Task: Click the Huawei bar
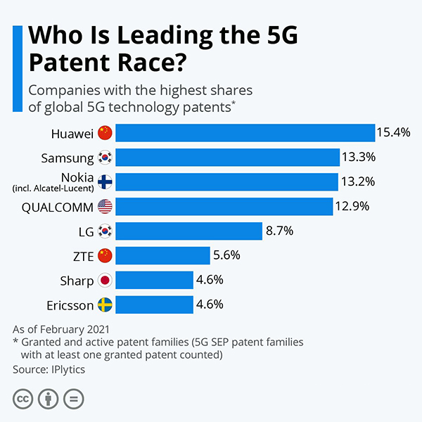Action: click(245, 133)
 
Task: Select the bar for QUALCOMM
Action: click(224, 206)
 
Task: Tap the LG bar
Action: click(189, 231)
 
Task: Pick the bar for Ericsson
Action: click(155, 305)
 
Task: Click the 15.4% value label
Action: click(393, 132)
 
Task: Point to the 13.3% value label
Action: click(359, 157)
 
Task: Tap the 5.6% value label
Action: click(226, 255)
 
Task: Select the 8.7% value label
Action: click(279, 231)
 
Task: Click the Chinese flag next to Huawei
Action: click(105, 133)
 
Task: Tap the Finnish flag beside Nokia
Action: click(105, 182)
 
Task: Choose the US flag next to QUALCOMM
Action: click(105, 206)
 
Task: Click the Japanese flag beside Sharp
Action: click(105, 280)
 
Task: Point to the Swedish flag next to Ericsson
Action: click(105, 305)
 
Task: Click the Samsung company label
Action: click(68, 158)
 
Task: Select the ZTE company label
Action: click(84, 256)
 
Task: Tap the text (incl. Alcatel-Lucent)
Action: click(53, 188)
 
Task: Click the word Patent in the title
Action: click(70, 63)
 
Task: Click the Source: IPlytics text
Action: click(49, 369)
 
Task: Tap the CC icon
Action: click(23, 399)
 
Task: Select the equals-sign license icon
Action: click(73, 399)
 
